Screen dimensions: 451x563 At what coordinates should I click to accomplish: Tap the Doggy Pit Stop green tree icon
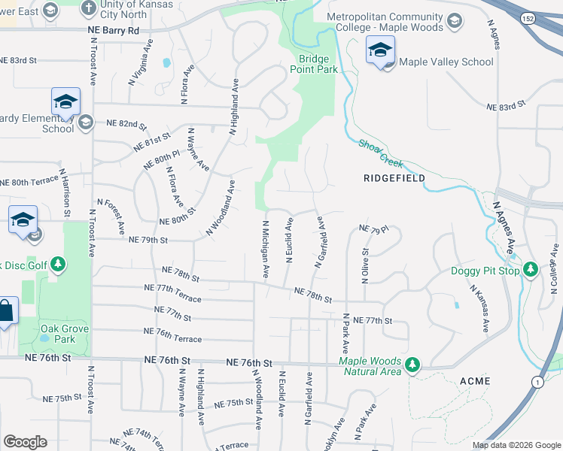(531, 269)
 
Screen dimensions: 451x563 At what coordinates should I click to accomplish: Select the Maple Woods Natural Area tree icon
(412, 365)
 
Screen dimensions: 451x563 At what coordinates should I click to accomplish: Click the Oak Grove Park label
(65, 334)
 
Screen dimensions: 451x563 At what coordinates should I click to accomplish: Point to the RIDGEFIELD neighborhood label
(394, 178)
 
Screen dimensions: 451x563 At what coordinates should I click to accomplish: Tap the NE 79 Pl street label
(373, 229)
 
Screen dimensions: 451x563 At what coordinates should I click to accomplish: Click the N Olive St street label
(366, 266)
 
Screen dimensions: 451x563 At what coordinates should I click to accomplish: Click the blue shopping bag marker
(6, 312)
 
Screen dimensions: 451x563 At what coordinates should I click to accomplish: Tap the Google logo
(25, 442)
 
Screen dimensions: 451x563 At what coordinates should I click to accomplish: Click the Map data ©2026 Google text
(516, 445)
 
